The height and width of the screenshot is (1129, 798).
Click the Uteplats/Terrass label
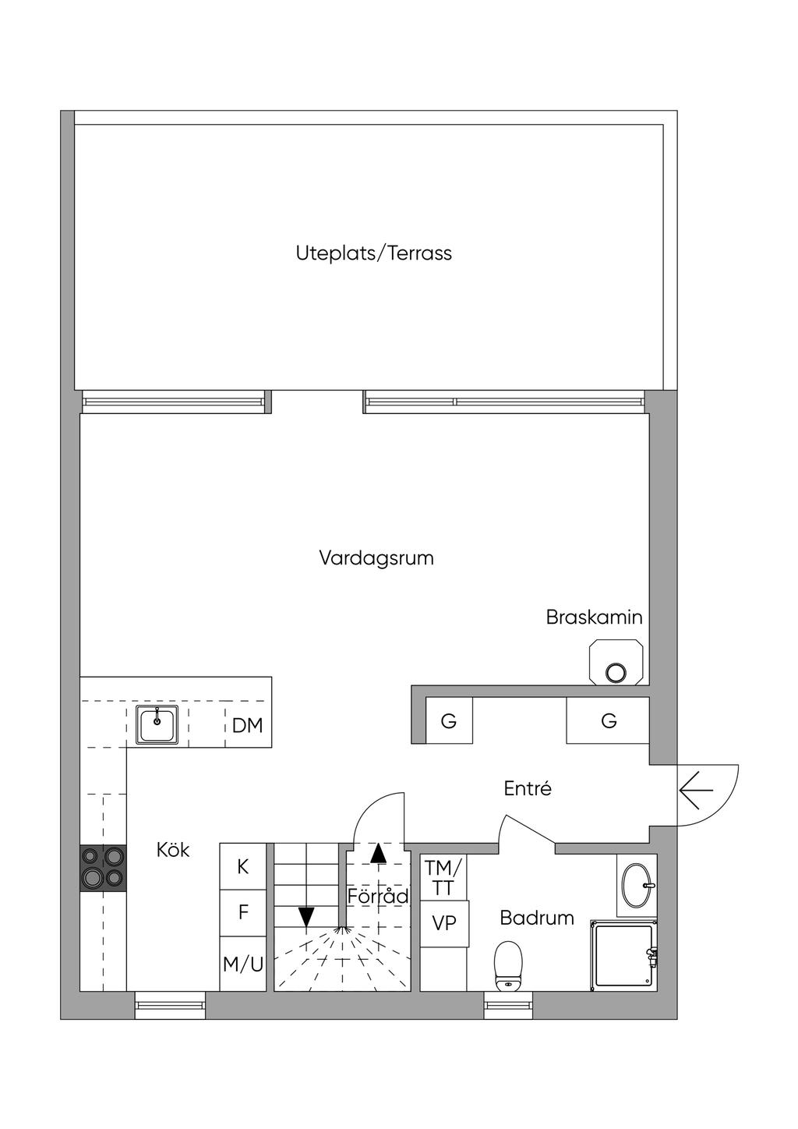point(373,253)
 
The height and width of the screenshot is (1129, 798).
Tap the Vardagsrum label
point(376,558)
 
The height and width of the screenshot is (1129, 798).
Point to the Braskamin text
point(594,618)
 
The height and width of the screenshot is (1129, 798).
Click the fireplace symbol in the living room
point(617,662)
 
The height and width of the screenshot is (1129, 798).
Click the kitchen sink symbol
point(157,724)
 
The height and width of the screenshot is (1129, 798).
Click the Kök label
point(173,851)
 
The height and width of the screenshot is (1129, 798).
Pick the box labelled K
point(243,866)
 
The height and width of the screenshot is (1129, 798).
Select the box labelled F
point(243,913)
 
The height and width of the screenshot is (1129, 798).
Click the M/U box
point(243,964)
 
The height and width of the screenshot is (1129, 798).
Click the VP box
point(444,924)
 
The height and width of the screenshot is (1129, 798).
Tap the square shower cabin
point(623,955)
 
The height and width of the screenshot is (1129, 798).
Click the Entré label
point(528,788)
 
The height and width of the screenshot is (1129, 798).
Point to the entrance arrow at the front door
point(696,790)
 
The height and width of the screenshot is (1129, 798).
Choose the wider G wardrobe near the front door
point(608,720)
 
